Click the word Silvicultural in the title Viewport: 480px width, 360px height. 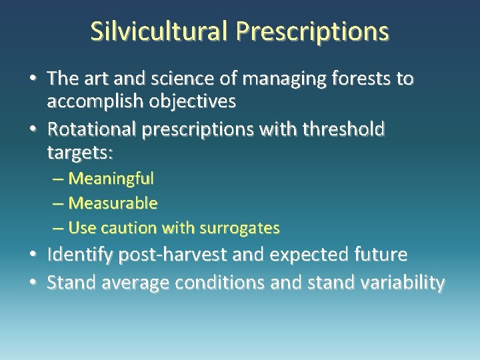pos(159,31)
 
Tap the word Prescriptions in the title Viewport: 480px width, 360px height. pos(312,31)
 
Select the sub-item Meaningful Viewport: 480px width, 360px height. pos(111,179)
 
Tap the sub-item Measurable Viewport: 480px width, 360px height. pos(113,203)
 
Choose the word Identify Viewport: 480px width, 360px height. pos(82,255)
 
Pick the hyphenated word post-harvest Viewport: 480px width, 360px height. pos(185,255)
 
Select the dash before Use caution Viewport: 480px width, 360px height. pos(58,228)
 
